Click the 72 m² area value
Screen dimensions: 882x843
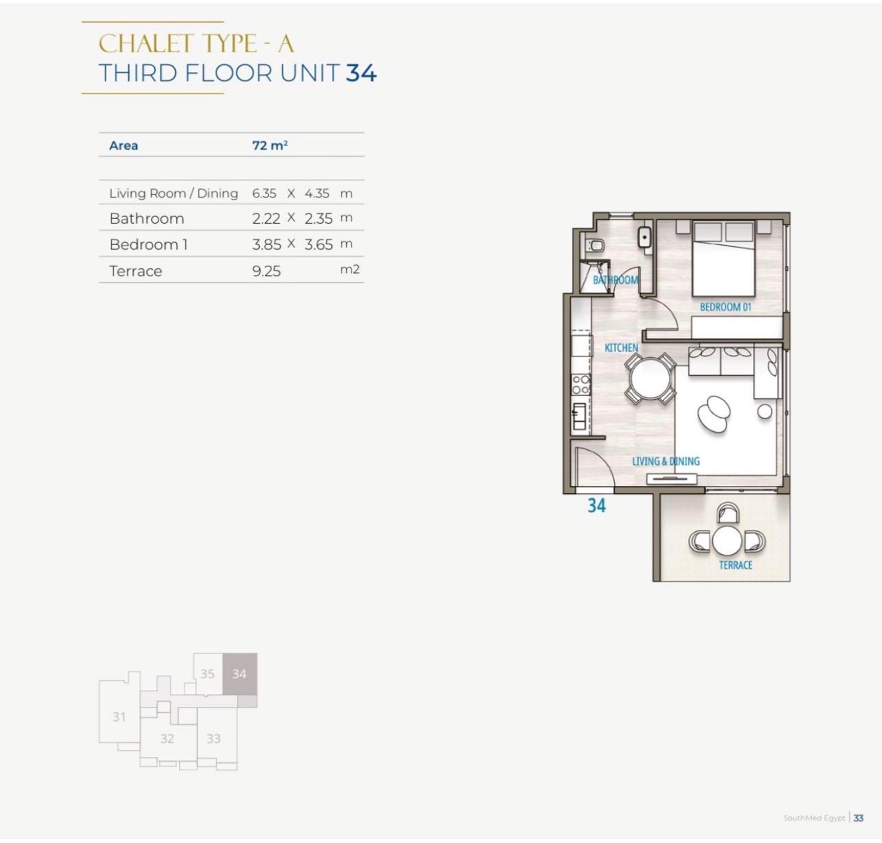click(x=270, y=146)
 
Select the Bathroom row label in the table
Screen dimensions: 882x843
click(x=146, y=219)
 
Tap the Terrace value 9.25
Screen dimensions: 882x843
click(x=267, y=271)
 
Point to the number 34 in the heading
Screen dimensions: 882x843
click(x=361, y=73)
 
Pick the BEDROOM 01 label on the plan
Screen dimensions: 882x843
click(x=726, y=307)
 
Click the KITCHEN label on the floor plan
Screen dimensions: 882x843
click(x=621, y=348)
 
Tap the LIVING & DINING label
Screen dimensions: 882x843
click(x=666, y=461)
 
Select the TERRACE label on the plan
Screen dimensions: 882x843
click(x=736, y=565)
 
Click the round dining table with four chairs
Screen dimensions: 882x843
click(x=650, y=379)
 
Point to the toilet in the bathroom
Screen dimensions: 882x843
click(x=595, y=246)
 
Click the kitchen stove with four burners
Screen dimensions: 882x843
click(x=581, y=384)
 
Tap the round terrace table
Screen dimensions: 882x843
click(x=727, y=540)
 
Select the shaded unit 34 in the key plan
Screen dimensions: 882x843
click(x=240, y=673)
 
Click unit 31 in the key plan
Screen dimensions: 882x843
click(x=119, y=717)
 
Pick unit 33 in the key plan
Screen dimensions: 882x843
click(x=213, y=738)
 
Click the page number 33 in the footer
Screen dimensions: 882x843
click(x=858, y=818)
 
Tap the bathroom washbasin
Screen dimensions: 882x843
click(x=644, y=238)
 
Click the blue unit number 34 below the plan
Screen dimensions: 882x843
click(x=597, y=505)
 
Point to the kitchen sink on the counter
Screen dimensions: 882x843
click(x=580, y=416)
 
